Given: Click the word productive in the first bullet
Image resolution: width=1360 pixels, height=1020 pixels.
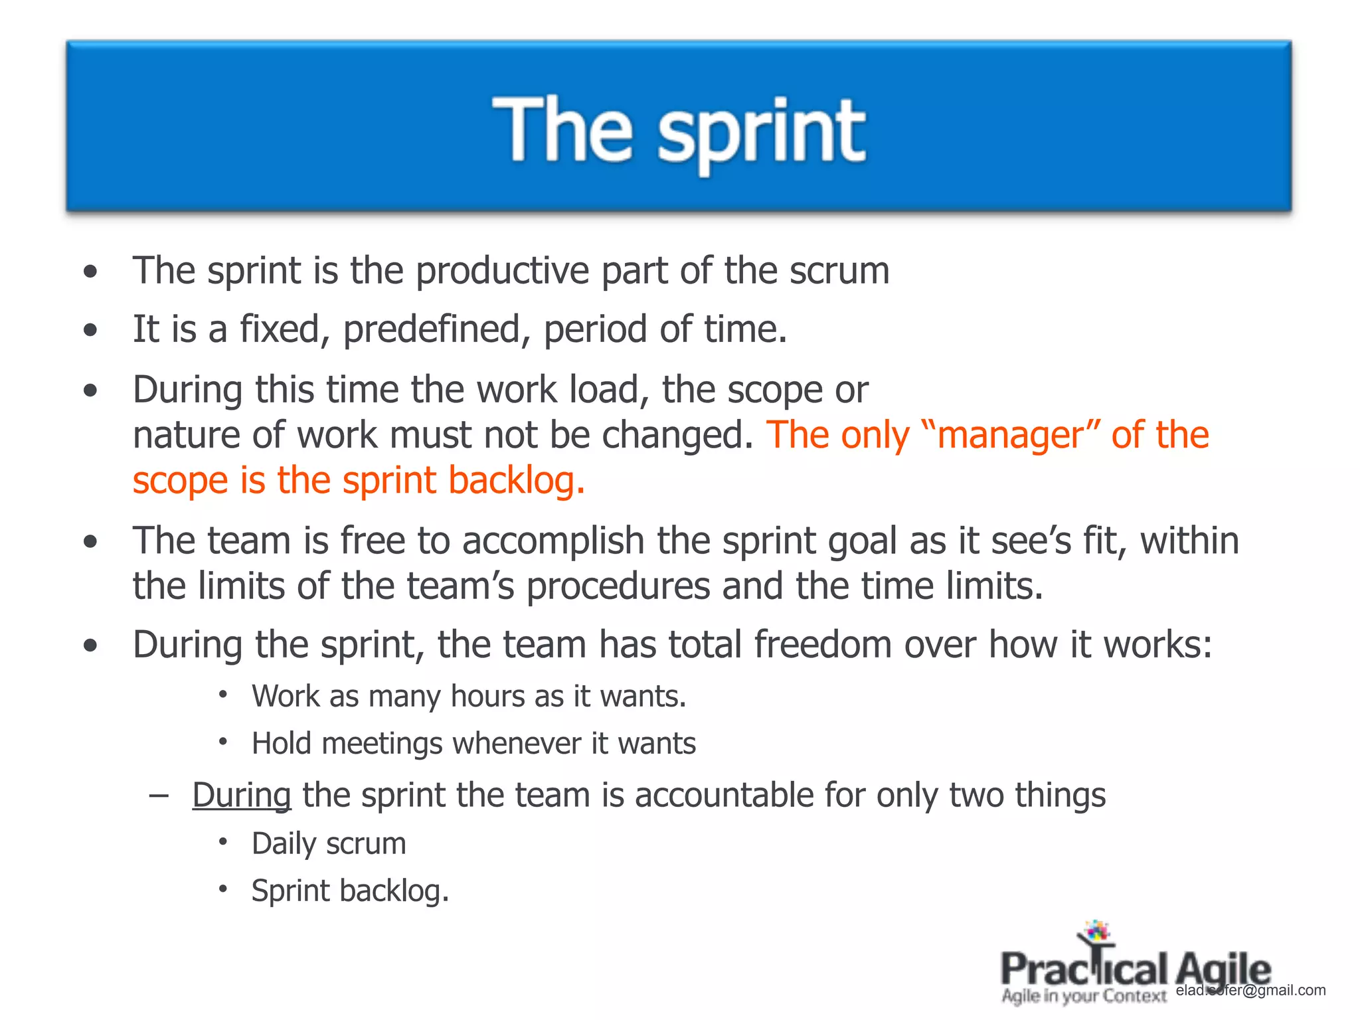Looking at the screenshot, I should [x=502, y=271].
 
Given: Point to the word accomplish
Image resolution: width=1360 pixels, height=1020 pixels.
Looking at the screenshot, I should [x=553, y=541].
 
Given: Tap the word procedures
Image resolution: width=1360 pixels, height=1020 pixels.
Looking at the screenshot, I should [x=618, y=586].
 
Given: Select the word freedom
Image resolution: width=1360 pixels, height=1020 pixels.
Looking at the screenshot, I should [x=822, y=645].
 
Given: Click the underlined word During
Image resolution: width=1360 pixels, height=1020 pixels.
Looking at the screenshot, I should [x=242, y=796].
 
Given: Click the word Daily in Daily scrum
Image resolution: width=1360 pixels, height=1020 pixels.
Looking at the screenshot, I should [x=284, y=844].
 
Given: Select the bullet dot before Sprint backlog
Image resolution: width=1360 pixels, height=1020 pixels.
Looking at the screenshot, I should [x=224, y=889].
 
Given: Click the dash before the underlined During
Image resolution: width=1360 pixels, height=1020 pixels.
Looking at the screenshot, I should [x=159, y=795].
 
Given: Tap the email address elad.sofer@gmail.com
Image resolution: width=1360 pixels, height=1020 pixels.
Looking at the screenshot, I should [x=1250, y=990].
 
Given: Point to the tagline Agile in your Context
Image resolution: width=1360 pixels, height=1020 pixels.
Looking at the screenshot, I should [x=1084, y=996].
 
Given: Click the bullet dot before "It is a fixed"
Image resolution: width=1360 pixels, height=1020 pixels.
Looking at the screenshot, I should [x=91, y=330].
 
